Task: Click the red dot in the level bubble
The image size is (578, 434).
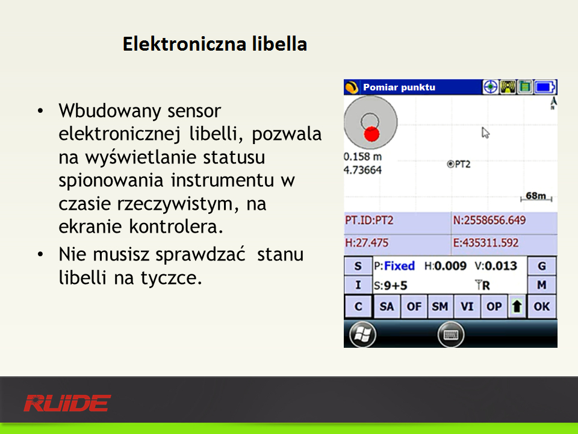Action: [x=371, y=134]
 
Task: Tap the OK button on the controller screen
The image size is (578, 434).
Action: [x=541, y=306]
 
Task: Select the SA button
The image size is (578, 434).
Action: [x=387, y=306]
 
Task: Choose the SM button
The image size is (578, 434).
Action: [x=440, y=306]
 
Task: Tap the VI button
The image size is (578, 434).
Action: [x=467, y=306]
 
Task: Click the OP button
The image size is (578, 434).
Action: [x=494, y=306]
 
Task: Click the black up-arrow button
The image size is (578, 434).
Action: [x=517, y=306]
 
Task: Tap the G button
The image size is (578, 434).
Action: [x=541, y=266]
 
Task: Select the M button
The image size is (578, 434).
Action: [x=541, y=285]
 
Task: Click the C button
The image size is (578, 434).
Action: [x=358, y=306]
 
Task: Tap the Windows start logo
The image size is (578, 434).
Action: [x=362, y=335]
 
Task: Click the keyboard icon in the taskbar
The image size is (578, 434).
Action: [x=451, y=335]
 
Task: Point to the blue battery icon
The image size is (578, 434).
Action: [x=545, y=87]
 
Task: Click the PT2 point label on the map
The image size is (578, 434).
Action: [x=459, y=164]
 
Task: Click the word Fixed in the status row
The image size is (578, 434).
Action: [x=399, y=266]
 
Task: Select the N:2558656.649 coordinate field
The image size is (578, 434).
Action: [x=489, y=221]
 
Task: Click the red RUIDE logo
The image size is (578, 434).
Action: [x=67, y=403]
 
